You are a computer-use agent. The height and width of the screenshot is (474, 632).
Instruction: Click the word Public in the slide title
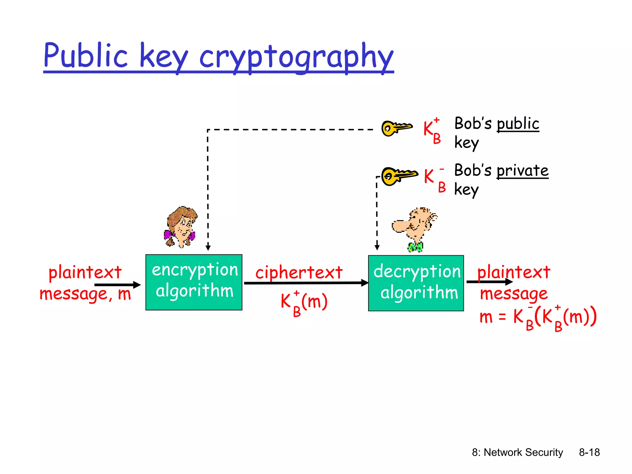85,56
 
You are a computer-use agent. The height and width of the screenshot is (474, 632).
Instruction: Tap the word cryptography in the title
296,57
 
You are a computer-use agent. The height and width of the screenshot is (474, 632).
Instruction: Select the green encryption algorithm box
194,282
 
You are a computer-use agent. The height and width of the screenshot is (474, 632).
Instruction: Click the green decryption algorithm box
416,283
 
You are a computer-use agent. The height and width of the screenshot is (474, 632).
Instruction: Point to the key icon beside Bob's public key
397,128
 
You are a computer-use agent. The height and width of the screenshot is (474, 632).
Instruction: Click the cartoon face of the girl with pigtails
181,227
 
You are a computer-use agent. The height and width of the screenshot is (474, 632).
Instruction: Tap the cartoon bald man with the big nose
414,227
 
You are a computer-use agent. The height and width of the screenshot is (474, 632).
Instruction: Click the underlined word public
518,124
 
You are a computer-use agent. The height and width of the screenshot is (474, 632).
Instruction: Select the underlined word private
522,171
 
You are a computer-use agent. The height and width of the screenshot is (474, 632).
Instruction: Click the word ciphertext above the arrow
299,272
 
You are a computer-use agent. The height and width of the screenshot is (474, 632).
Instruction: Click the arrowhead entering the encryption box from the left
137,285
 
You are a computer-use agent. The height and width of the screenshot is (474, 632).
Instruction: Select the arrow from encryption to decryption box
306,283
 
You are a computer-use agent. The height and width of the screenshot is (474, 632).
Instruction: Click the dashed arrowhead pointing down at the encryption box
208,247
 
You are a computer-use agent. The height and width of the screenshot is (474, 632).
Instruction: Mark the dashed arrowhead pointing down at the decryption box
377,247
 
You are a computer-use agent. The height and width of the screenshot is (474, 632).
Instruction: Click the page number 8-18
589,452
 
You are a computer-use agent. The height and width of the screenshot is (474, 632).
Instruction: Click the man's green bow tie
415,247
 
